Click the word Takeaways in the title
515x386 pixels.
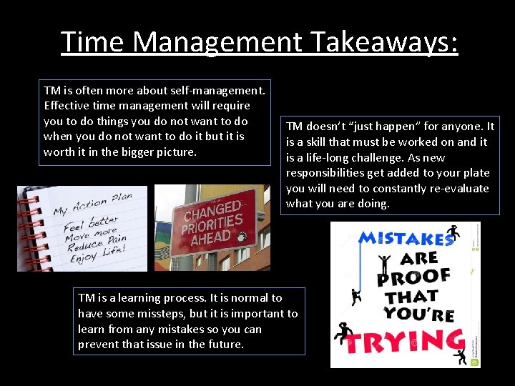383,41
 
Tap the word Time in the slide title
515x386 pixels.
93,41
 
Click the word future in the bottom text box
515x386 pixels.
225,345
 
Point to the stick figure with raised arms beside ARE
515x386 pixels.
385,262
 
